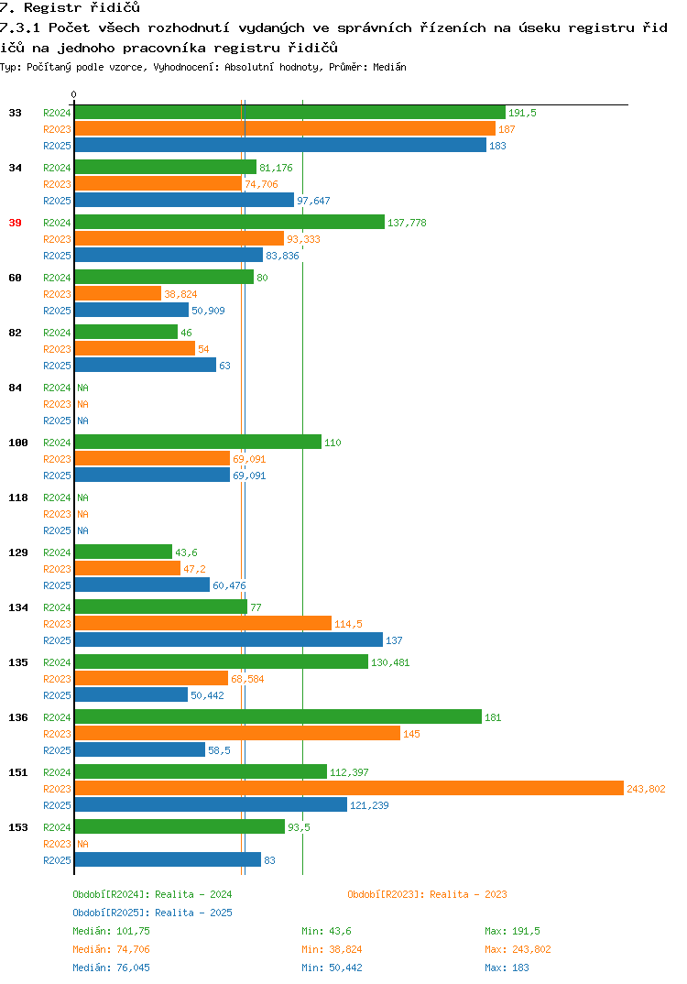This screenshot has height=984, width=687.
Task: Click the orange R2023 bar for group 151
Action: [349, 788]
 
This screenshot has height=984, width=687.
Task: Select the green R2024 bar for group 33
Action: [289, 113]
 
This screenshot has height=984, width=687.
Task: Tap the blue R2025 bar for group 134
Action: [228, 640]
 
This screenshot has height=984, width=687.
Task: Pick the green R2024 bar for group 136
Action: [278, 716]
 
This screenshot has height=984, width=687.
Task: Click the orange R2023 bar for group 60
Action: [118, 293]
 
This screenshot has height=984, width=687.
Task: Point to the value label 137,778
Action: [407, 223]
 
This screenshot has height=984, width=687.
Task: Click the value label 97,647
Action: [313, 201]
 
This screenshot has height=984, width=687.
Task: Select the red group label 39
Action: [15, 223]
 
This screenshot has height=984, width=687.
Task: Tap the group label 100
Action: [18, 443]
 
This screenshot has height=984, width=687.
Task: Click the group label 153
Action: [18, 827]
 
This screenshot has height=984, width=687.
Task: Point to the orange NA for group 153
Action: [82, 844]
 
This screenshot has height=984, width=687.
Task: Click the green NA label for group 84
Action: [82, 388]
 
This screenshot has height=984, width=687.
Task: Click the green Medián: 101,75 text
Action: [111, 931]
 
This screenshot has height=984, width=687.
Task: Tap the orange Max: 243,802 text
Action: [518, 949]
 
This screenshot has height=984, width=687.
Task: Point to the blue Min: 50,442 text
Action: [332, 968]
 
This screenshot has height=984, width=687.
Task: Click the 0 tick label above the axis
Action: [73, 94]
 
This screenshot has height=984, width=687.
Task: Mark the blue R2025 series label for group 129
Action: [57, 585]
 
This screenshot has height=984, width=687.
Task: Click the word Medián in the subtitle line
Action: [389, 67]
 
